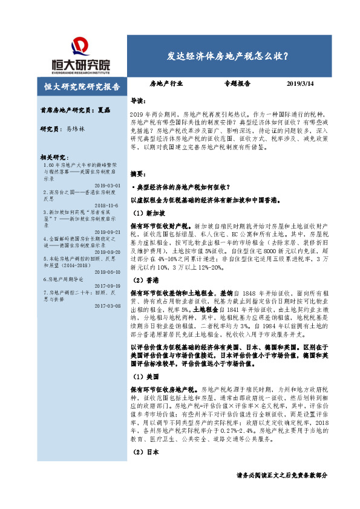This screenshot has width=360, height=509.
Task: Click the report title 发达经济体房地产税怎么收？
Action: click(x=227, y=56)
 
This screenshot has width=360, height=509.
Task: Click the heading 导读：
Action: click(x=139, y=100)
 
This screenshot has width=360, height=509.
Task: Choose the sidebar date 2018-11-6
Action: click(x=109, y=205)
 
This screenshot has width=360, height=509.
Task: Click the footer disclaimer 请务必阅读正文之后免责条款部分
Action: click(x=282, y=493)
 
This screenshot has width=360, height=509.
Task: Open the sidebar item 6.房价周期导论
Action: click(x=61, y=280)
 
